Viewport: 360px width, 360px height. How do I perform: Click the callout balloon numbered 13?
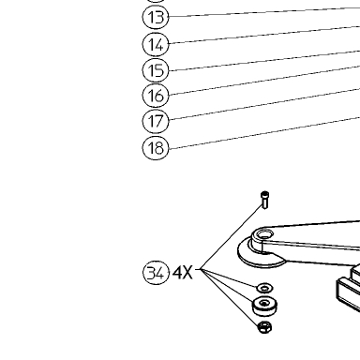[x=156, y=17]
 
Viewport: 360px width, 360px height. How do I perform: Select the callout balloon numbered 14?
[x=156, y=44]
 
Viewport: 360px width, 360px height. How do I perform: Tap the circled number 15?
[x=156, y=70]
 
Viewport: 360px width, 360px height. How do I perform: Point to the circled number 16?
[x=156, y=96]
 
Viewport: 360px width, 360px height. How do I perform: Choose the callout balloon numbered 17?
[x=156, y=121]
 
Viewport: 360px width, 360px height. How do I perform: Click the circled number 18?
[x=156, y=147]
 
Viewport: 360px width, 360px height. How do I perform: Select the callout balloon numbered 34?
[x=156, y=273]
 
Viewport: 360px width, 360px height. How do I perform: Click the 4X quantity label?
[x=183, y=273]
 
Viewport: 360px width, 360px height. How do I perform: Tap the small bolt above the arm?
[x=264, y=200]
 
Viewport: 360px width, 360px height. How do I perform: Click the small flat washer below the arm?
[x=264, y=288]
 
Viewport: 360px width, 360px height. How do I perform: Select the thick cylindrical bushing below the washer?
[x=264, y=307]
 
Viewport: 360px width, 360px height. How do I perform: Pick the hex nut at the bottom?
[x=264, y=327]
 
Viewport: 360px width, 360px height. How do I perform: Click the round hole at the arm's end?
[x=264, y=233]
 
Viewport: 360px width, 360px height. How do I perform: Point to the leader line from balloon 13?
[x=264, y=12]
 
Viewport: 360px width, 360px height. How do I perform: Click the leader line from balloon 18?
[x=264, y=133]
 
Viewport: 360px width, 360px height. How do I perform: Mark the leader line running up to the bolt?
[x=231, y=237]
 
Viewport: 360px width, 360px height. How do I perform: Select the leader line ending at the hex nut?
[x=230, y=298]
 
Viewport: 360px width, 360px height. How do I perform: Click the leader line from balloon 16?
[x=264, y=80]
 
